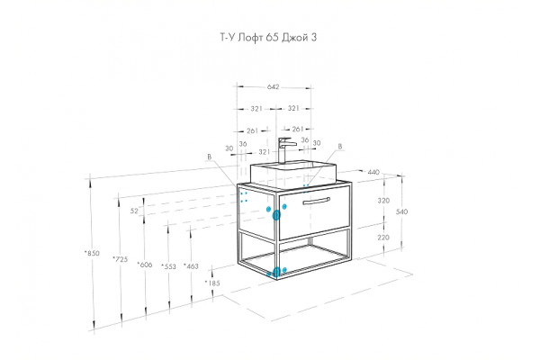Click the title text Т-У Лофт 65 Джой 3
coord(268,37)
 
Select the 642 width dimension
coord(273,87)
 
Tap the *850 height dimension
coord(92,253)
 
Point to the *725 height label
coord(121,259)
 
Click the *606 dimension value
coord(145,265)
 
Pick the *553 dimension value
coord(169,266)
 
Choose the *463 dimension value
coord(191,266)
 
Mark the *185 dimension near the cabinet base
coord(212,283)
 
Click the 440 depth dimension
coord(373,172)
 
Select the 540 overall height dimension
coord(401,211)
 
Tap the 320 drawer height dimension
coord(383,201)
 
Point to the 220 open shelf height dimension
coord(383,238)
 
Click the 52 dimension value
coord(134,211)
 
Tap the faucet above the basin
coord(286,150)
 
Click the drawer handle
coord(317,201)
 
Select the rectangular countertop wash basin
coord(292,173)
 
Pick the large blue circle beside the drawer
coord(276,216)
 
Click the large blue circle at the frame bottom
coord(276,272)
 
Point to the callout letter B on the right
coord(340,147)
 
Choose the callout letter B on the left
coord(209,157)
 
